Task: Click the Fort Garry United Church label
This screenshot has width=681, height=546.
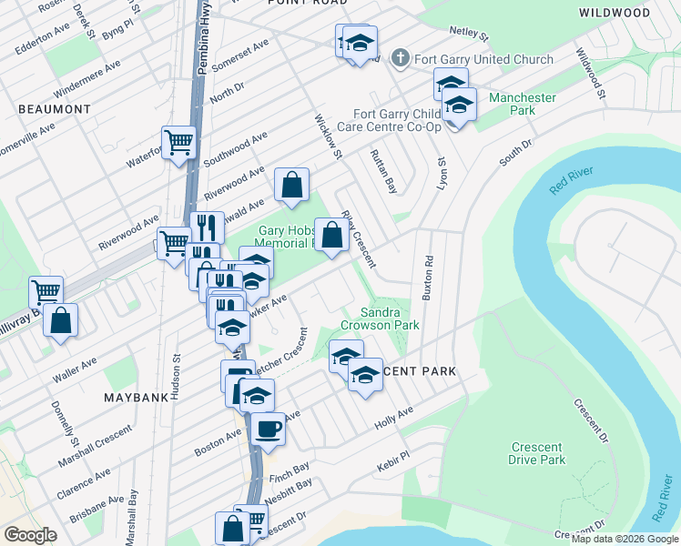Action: pyautogui.click(x=483, y=60)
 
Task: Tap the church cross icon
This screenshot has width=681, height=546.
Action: pyautogui.click(x=399, y=59)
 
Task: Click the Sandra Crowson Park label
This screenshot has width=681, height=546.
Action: pyautogui.click(x=380, y=318)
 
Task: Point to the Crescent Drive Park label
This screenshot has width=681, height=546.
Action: pyautogui.click(x=537, y=453)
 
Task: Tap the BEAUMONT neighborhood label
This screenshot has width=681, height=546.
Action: pyautogui.click(x=55, y=109)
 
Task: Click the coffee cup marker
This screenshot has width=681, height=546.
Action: pyautogui.click(x=268, y=427)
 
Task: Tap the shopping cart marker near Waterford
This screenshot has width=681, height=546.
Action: pyautogui.click(x=180, y=142)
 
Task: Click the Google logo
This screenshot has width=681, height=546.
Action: pyautogui.click(x=30, y=535)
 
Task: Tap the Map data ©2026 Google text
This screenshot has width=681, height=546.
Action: pyautogui.click(x=625, y=539)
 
